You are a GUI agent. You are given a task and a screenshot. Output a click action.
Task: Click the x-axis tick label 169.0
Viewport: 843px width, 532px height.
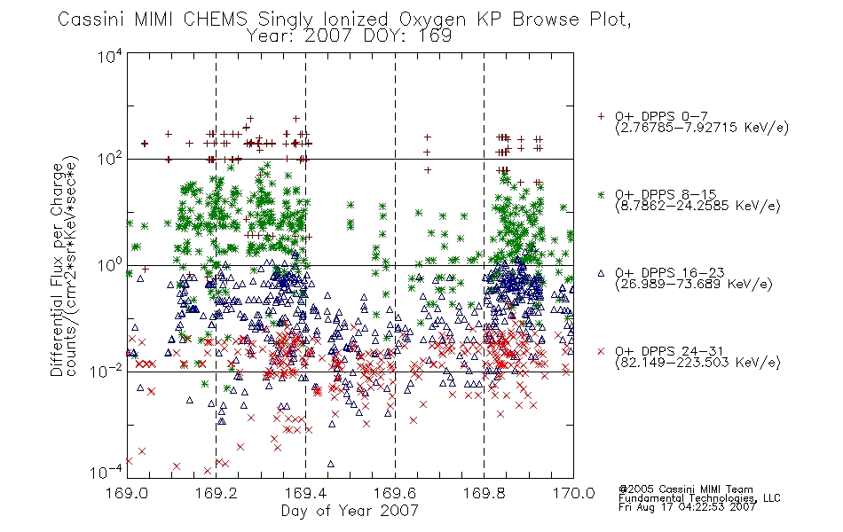point(127,493)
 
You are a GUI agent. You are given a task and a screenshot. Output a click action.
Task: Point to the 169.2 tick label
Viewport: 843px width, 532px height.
point(217,493)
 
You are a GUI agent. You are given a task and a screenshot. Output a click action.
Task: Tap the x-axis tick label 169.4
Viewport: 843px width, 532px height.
point(305,493)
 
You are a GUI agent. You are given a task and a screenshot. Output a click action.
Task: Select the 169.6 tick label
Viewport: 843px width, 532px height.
point(395,493)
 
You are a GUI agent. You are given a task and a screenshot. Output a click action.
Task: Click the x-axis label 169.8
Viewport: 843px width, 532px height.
point(484,493)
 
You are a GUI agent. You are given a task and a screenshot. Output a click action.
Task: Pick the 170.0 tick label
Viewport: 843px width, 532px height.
point(573,493)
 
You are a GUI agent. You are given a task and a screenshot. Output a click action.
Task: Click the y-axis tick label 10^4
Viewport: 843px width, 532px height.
point(110,56)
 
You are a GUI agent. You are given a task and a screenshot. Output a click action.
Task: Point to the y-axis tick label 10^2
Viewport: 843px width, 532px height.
point(110,159)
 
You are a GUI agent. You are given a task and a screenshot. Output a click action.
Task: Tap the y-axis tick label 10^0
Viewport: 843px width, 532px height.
point(110,265)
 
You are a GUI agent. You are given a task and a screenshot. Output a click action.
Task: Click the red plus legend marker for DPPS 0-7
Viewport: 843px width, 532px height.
point(601,116)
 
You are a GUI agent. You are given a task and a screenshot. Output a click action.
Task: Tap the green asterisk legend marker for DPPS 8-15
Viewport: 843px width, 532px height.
point(601,194)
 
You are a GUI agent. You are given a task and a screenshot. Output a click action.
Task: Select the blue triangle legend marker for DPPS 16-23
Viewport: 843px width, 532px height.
point(601,273)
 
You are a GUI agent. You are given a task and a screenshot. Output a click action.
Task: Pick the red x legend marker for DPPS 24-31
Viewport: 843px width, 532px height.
point(601,351)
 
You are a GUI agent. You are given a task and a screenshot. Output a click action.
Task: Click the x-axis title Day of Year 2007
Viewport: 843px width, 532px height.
point(350,511)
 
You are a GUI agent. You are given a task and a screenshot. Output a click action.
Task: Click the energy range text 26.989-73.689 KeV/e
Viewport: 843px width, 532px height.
point(694,285)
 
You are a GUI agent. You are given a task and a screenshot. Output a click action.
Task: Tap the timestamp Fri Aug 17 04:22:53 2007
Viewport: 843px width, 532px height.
point(687,507)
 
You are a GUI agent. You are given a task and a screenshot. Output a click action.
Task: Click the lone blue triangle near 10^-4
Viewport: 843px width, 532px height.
point(331,463)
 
